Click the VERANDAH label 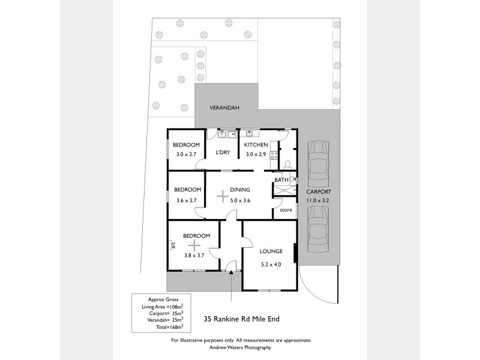pos(224,108)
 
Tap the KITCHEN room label pos(256,145)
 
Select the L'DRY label pos(223,152)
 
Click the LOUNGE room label pos(271,251)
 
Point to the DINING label pos(239,190)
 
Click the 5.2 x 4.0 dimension pos(271,265)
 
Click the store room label pos(286,210)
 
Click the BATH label pos(281,180)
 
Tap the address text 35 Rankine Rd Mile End pos(242,319)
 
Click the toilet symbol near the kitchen pos(287,164)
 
